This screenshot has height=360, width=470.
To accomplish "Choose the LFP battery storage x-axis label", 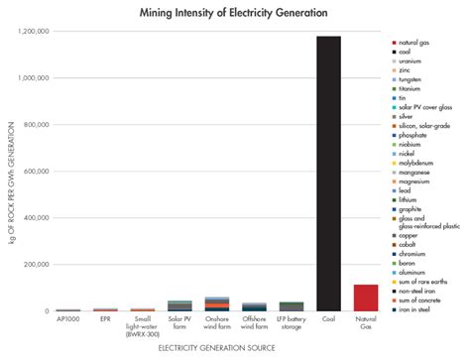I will click(292, 323).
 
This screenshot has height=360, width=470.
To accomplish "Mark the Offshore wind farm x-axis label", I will click(254, 323).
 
